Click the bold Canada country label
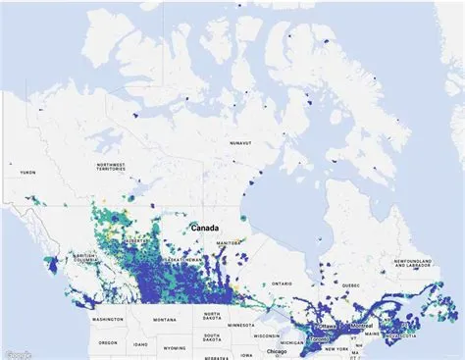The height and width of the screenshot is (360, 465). (205, 228)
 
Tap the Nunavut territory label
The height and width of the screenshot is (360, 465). (246, 143)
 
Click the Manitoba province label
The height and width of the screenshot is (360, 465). (228, 241)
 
